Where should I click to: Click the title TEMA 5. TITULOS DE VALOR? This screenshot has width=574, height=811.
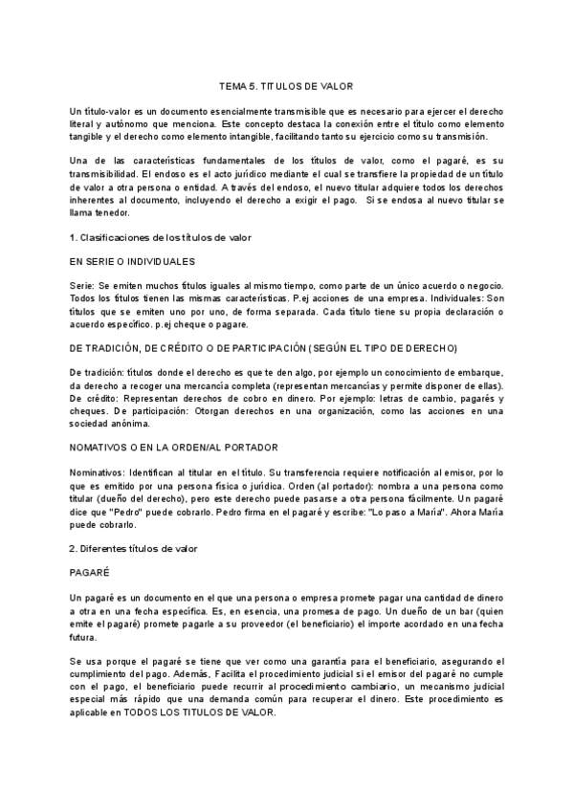point(286,86)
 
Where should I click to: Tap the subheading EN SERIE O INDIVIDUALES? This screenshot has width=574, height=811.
point(133,261)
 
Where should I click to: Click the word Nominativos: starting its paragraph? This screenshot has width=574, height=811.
point(102,472)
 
